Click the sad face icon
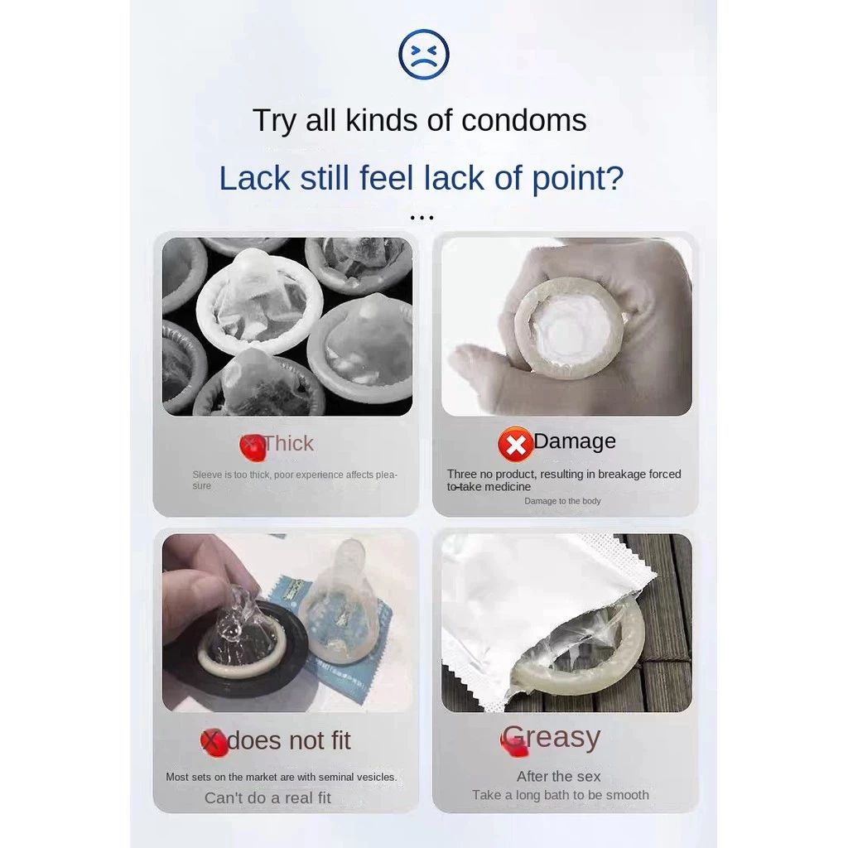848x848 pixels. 423,55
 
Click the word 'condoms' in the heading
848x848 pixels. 523,120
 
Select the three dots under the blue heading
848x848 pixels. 422,218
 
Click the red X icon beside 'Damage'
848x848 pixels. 515,445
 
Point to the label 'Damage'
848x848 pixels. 575,441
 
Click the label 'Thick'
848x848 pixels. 289,444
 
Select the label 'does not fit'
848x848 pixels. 289,740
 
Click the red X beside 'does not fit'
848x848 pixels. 214,743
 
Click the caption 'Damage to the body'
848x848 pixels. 562,501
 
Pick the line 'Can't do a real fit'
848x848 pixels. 267,797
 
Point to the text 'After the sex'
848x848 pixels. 559,777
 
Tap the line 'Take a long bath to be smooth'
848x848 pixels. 561,795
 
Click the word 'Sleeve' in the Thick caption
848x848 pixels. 207,475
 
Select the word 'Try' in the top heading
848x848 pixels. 274,121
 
